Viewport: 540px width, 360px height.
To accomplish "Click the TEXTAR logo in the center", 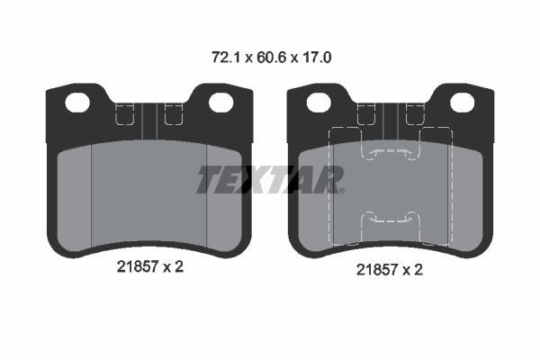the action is point(270,179).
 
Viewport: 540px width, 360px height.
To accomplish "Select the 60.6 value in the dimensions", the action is point(272,58).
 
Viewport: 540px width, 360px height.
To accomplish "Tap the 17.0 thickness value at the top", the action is point(317,58).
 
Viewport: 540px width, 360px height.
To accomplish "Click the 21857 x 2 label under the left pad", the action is point(149,266).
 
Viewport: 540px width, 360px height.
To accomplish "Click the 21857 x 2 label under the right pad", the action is point(389,270).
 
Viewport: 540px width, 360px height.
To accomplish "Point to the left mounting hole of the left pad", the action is point(77,103).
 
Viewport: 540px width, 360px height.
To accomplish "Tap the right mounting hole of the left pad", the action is point(221,103).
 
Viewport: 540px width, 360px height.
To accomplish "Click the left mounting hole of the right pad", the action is point(319,103).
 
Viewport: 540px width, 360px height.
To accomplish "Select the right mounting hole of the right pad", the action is point(463,103).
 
